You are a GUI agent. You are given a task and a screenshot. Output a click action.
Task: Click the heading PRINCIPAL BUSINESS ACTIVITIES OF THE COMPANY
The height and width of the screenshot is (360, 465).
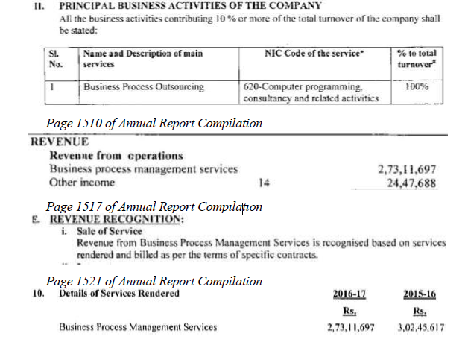tap(190, 6)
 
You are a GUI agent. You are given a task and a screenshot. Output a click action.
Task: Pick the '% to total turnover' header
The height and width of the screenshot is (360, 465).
tap(417, 60)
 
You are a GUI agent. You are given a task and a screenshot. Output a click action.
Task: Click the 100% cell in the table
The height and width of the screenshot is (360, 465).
tap(417, 87)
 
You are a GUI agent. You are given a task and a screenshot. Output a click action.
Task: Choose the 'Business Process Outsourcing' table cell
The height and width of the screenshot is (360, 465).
tap(144, 87)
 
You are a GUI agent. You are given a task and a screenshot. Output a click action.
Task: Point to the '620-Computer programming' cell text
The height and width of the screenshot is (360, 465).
tap(303, 87)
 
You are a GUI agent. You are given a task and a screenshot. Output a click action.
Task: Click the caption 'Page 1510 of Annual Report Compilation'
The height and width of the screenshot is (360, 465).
tap(154, 123)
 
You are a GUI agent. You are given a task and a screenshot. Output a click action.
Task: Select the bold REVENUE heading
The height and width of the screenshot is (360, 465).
tap(59, 142)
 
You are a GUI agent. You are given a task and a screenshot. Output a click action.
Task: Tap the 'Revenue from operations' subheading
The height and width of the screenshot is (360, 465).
tap(116, 156)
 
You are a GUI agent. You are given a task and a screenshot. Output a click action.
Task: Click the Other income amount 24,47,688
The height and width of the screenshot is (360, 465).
tap(411, 183)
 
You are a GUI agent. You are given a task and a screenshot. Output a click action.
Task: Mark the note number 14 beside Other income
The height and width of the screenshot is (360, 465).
tap(265, 183)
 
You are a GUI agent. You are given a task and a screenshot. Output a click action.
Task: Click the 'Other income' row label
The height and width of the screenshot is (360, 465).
tap(82, 183)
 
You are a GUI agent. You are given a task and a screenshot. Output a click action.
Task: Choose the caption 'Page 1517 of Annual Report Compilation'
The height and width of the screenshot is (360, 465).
tap(154, 206)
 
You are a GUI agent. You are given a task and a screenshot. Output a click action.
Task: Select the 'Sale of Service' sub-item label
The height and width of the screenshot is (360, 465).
tap(109, 232)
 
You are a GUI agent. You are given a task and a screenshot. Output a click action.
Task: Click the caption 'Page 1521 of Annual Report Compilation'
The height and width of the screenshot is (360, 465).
tap(154, 281)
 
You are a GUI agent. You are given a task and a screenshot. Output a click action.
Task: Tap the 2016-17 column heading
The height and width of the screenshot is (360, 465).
tap(349, 294)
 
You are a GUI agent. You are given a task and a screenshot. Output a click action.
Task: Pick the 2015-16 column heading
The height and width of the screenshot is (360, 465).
tap(419, 294)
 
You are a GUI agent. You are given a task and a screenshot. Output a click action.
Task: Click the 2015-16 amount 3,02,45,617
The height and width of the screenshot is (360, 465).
tap(421, 327)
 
